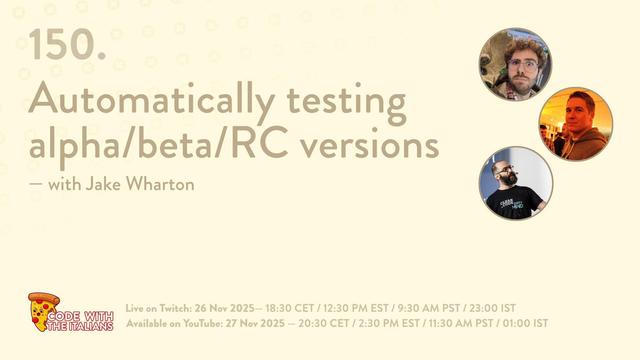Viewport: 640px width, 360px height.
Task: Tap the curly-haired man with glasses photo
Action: [x=515, y=64]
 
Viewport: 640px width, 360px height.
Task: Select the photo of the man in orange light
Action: [x=575, y=124]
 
